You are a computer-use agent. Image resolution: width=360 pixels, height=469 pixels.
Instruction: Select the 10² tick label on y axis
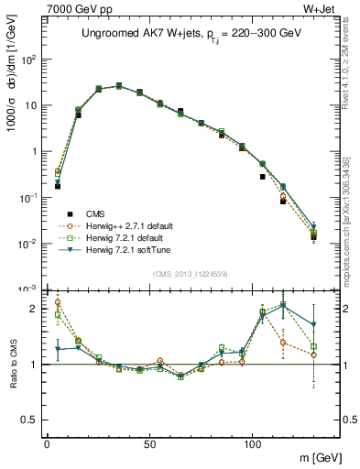click(28, 60)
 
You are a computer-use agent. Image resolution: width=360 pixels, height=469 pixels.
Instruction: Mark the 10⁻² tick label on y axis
click(28, 244)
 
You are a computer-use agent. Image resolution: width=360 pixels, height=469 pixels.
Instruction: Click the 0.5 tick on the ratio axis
click(27, 420)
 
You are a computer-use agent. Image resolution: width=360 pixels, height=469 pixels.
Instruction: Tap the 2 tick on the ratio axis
click(32, 309)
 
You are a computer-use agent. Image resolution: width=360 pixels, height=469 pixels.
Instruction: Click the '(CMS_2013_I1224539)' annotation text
click(191, 272)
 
